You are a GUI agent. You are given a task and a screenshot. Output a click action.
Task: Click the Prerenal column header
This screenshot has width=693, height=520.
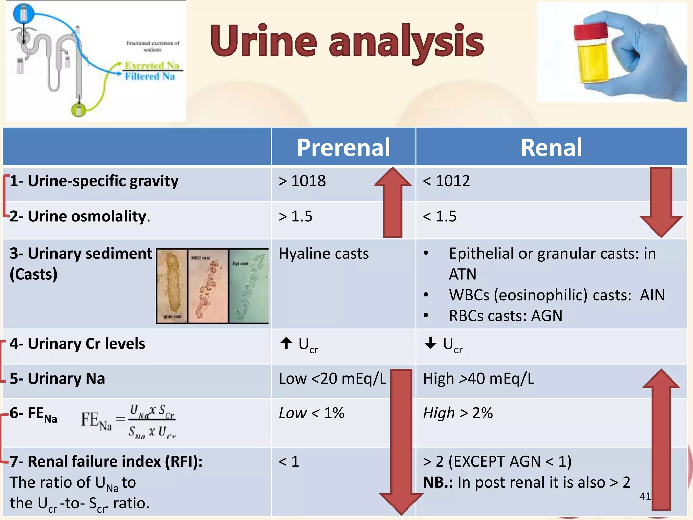343,148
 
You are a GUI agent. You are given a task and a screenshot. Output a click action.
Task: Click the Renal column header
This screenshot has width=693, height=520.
551,148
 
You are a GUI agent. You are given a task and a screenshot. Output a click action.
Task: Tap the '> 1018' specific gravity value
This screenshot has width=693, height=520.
302,181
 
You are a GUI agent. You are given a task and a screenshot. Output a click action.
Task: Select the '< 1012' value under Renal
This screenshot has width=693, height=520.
446,181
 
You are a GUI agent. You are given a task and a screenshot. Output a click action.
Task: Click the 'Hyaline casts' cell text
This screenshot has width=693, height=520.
323,254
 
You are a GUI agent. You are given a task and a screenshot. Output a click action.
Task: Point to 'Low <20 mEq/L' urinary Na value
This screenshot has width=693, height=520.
332,378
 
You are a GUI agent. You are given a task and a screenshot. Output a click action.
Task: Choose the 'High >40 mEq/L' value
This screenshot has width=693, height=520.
478,378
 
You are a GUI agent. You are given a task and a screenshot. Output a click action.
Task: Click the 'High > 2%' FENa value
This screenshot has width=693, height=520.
457,413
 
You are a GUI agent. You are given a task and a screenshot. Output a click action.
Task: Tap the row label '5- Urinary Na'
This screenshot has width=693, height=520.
57,378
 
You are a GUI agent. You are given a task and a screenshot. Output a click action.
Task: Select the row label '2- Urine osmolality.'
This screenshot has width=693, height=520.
80,216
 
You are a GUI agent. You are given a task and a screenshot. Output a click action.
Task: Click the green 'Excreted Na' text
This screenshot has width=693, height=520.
152,65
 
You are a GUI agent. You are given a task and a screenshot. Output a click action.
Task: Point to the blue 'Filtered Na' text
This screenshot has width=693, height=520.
150,77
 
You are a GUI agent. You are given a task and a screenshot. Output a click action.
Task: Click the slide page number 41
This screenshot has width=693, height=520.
645,496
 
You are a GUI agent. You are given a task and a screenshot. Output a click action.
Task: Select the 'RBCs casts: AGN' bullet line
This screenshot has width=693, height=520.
506,316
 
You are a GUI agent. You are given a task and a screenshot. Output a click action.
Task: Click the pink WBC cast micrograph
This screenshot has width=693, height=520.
208,286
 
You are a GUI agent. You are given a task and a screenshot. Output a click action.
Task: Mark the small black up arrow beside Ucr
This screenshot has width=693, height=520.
286,343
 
